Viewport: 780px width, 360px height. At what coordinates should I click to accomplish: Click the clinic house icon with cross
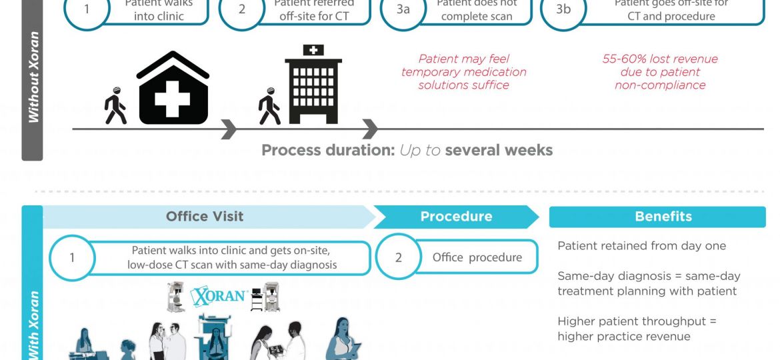click(173, 88)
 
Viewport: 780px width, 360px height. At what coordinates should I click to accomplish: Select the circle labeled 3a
click(403, 10)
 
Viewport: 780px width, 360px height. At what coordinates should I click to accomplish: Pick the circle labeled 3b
click(563, 10)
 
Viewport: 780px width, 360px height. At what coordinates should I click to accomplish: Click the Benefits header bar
click(657, 217)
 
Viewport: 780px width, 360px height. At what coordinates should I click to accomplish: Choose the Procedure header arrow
click(456, 217)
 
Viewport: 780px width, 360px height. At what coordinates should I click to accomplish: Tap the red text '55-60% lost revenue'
click(659, 59)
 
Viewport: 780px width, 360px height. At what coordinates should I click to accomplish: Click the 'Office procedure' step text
click(477, 257)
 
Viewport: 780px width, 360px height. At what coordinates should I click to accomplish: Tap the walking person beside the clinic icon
click(115, 107)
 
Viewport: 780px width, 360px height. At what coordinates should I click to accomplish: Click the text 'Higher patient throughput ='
click(637, 321)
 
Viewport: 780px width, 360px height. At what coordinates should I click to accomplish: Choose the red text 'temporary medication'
click(463, 72)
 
